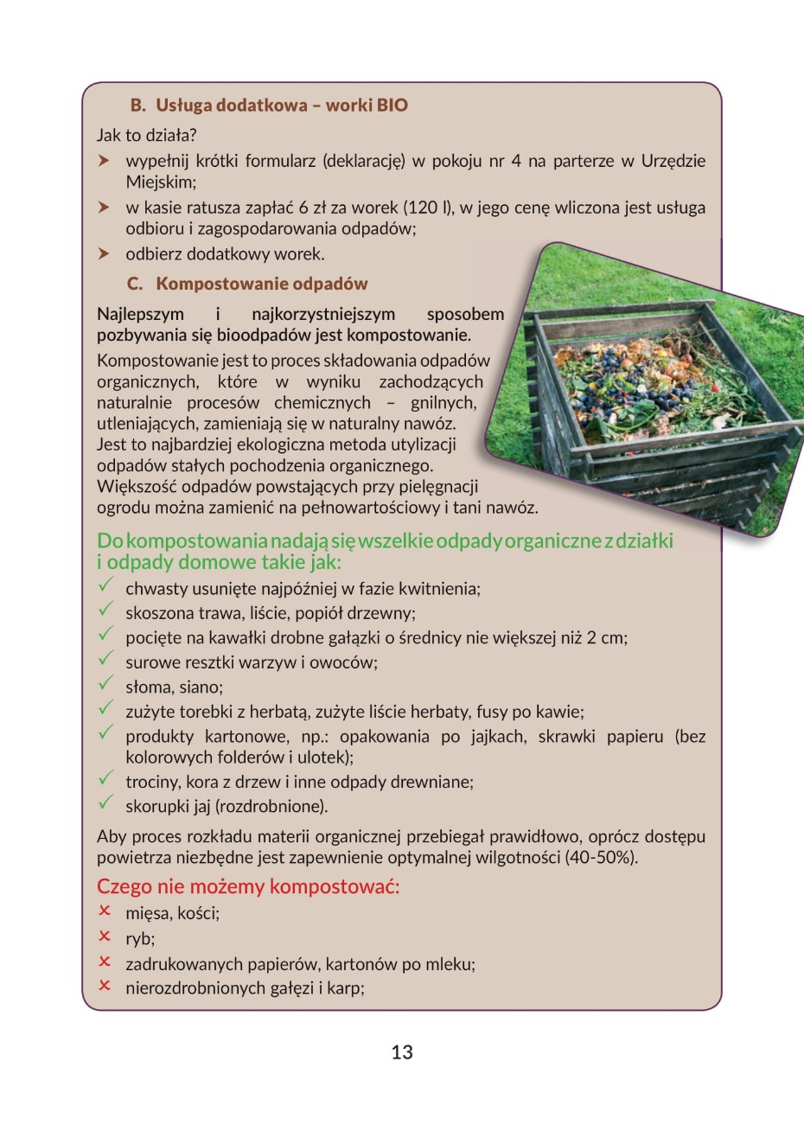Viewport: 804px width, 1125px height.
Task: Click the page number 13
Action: coord(402,1052)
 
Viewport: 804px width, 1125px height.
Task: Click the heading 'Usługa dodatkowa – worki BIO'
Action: coord(281,105)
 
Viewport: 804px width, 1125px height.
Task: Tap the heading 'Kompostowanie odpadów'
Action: coord(261,284)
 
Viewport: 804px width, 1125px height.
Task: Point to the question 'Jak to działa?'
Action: coord(147,135)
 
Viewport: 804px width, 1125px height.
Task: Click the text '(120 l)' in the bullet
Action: coord(429,208)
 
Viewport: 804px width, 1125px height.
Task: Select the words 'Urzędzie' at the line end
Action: coord(673,161)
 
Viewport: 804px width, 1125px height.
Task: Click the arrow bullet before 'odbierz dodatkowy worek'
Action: coord(104,254)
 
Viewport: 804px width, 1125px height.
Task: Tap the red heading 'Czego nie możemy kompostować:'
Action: coord(248,886)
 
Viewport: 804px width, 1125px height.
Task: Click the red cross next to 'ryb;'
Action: coord(105,936)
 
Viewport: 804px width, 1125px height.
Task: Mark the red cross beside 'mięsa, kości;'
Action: coord(105,911)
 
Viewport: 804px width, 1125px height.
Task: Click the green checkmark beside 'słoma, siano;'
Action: coord(105,684)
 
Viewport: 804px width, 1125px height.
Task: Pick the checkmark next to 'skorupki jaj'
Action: coord(105,803)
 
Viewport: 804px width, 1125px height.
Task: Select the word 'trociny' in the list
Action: coord(152,782)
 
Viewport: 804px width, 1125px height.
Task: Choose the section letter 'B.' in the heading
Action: coord(138,105)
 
